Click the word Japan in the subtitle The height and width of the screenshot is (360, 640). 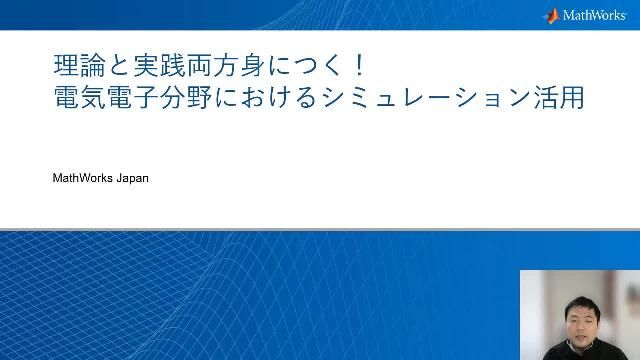[x=131, y=179]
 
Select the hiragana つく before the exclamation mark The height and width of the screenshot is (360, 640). [x=320, y=67]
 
